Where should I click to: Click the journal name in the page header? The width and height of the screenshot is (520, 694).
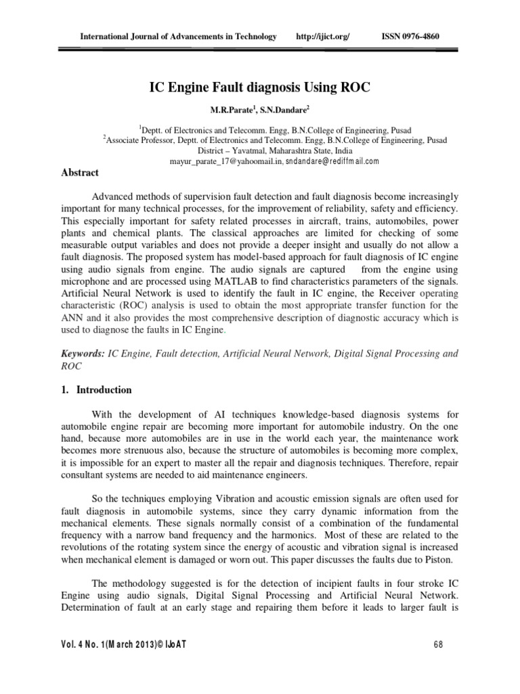point(178,36)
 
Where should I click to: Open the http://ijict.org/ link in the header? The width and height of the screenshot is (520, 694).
point(323,36)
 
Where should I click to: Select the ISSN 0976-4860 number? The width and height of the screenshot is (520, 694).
point(411,36)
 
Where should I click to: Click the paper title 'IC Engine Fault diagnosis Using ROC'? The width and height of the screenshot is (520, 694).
point(260,88)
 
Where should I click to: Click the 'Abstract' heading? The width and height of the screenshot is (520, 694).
point(81,173)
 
